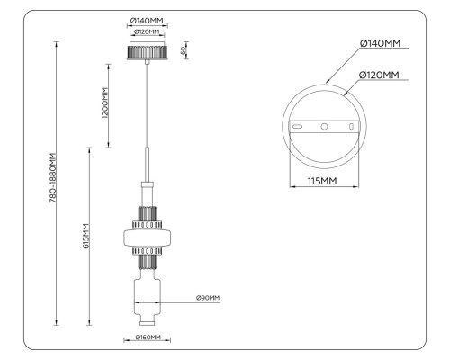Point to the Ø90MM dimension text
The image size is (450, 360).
coord(208,298)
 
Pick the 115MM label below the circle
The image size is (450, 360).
coord(324,180)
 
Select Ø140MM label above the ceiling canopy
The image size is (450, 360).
coord(147,21)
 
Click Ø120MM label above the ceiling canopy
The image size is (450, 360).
coord(147,32)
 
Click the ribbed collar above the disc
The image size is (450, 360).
coord(147,217)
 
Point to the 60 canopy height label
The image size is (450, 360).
coord(184,49)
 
